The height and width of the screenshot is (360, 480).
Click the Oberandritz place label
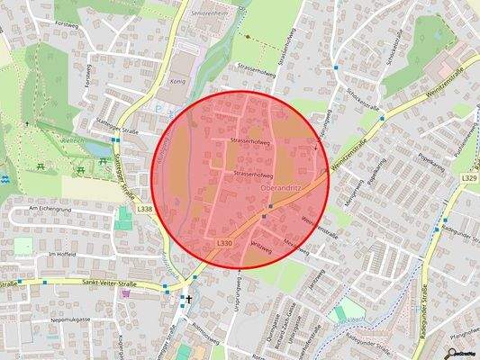point(279,189)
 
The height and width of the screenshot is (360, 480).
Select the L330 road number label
point(225,243)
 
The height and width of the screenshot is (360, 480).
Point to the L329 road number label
point(468,179)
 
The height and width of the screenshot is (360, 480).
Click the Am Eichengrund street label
point(50,209)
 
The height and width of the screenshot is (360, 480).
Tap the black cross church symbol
point(189,300)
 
